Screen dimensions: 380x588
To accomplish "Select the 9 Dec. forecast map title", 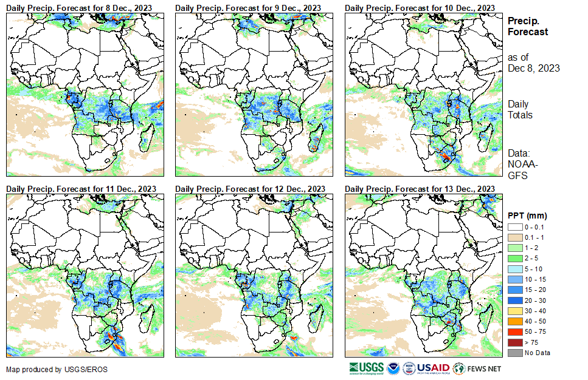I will (x=248, y=7).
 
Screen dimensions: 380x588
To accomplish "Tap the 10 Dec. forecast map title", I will (x=420, y=7).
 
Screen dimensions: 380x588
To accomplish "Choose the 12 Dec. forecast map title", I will (x=250, y=189).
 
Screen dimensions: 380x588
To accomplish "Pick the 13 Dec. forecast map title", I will (x=420, y=189).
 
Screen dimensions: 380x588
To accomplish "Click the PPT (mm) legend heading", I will (x=527, y=215).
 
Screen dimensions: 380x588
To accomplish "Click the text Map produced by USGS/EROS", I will (x=42, y=370).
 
